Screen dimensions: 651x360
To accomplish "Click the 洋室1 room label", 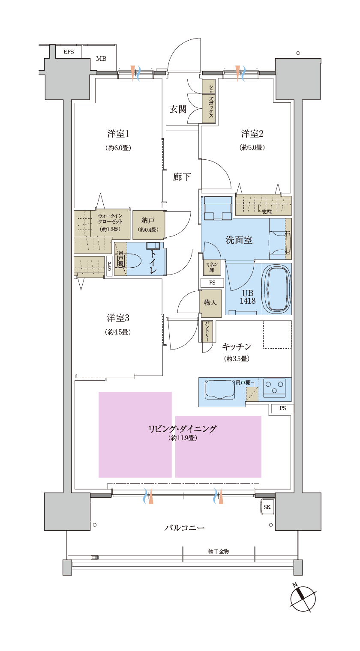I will (x=118, y=134).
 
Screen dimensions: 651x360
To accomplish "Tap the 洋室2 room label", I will (x=252, y=134).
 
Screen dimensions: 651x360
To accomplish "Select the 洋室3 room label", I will (x=118, y=318).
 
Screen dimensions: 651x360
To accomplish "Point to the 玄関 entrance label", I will (x=178, y=110).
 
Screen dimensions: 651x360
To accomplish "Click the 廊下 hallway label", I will (x=182, y=177).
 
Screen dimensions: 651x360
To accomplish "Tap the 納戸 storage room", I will (x=148, y=225).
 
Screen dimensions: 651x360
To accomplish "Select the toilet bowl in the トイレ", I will (x=135, y=260).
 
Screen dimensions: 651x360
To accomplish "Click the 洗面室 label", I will (x=239, y=240).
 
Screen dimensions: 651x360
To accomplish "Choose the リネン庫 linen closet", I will (x=212, y=267).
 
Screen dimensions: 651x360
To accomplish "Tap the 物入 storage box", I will (x=210, y=303).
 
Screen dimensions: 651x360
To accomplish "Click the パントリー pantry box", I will (x=207, y=331).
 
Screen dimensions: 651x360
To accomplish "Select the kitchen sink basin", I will (x=219, y=389).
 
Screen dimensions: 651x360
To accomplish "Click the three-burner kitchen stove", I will (x=274, y=388).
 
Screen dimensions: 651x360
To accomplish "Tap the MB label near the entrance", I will (x=101, y=59).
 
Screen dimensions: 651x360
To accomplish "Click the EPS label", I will (x=69, y=52).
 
